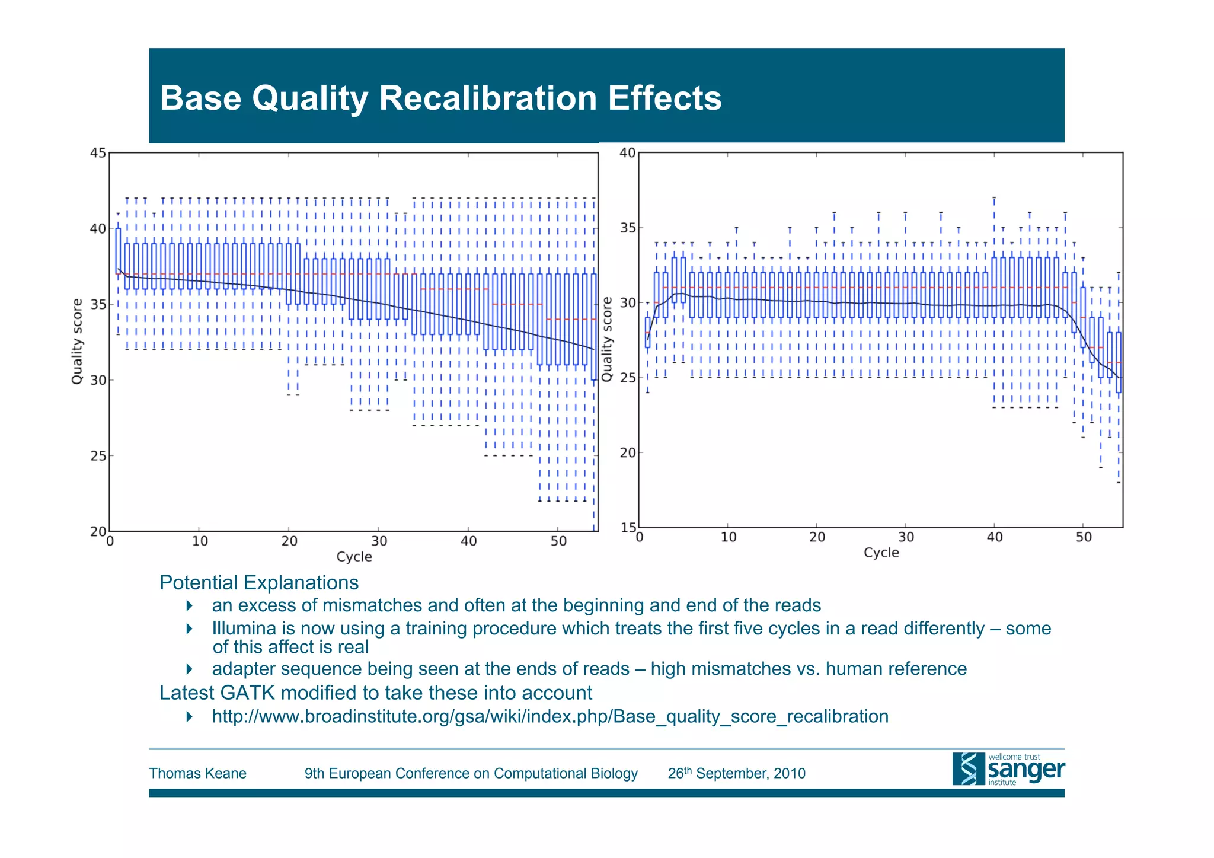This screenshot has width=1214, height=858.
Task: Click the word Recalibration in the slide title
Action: click(x=487, y=98)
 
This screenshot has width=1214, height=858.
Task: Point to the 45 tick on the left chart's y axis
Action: click(x=98, y=154)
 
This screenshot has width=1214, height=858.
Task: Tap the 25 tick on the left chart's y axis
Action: click(x=98, y=456)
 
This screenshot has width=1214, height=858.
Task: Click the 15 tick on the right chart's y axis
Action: click(x=628, y=527)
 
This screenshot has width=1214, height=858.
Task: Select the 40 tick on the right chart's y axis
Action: click(x=628, y=153)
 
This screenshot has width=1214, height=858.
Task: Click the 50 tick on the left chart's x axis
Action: click(x=558, y=541)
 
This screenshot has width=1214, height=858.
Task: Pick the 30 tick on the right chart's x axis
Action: click(x=906, y=537)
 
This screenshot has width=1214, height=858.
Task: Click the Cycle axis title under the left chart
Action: click(x=354, y=557)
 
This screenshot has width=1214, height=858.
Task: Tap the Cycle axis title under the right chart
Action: click(x=881, y=553)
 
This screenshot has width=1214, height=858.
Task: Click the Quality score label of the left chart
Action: click(x=77, y=342)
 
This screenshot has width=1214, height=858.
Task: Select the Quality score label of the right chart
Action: click(x=606, y=340)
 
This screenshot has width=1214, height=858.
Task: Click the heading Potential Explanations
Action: click(x=259, y=583)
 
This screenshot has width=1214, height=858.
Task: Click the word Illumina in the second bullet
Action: click(x=244, y=629)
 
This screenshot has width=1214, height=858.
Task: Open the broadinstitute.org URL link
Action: click(x=550, y=716)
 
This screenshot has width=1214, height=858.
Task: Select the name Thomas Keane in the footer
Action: click(x=197, y=773)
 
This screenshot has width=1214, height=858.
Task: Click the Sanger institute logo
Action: click(x=1008, y=769)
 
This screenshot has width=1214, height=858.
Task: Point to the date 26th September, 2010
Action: click(x=736, y=773)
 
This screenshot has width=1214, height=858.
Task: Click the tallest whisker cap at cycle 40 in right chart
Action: click(x=994, y=197)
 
